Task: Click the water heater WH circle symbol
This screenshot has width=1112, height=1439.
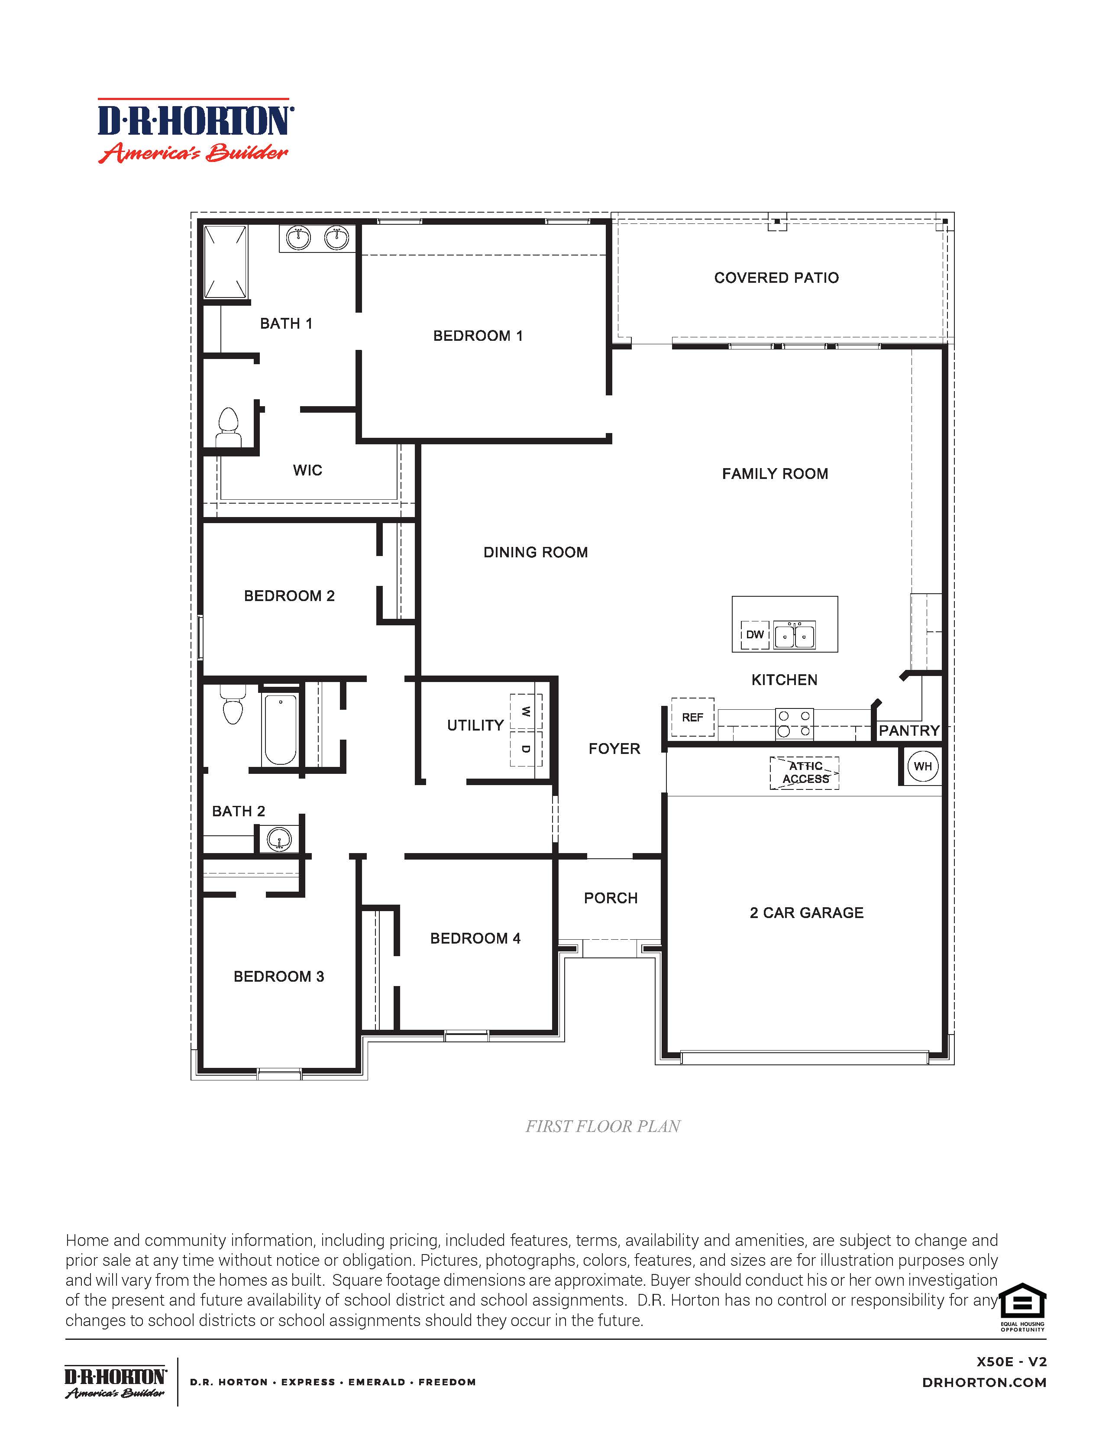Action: click(922, 766)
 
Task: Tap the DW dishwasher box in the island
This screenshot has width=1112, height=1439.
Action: click(755, 634)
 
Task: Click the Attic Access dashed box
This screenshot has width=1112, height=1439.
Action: click(805, 773)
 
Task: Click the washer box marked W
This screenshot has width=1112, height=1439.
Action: click(526, 711)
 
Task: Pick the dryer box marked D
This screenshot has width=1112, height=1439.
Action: click(526, 749)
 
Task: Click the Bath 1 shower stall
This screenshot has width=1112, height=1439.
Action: click(225, 262)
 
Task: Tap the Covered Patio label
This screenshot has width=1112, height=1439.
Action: click(776, 278)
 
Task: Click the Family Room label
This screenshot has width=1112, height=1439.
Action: click(775, 474)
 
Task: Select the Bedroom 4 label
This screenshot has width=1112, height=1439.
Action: click(475, 938)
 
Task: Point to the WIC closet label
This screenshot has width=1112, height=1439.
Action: click(307, 470)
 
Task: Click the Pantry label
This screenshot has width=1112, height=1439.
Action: click(908, 731)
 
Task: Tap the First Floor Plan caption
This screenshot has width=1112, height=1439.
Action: click(603, 1127)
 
